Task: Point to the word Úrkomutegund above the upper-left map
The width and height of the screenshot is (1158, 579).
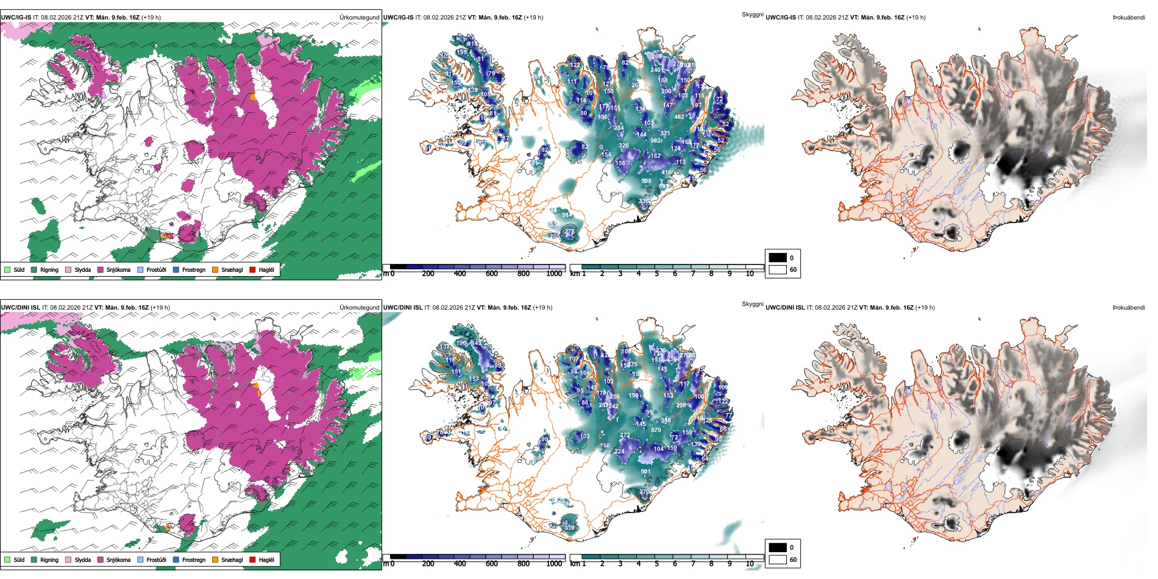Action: point(359,17)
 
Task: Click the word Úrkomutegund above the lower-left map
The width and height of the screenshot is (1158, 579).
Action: point(359,307)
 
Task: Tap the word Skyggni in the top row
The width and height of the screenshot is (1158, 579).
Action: point(752,14)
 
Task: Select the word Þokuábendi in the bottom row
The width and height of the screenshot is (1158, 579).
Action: point(1129,307)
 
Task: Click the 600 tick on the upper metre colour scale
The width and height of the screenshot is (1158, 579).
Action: point(491,274)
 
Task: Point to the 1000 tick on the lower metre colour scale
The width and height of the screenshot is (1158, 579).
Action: point(554,564)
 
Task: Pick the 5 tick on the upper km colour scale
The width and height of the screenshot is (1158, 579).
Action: point(656,274)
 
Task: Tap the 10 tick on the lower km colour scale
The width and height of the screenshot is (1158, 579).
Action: point(750,564)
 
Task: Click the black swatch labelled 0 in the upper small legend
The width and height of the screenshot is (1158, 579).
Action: point(778,258)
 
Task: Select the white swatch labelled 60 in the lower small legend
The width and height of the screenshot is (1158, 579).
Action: point(778,559)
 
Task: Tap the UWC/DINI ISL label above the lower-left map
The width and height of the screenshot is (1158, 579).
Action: point(20,307)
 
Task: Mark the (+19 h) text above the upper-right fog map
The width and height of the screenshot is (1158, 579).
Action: point(916,17)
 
